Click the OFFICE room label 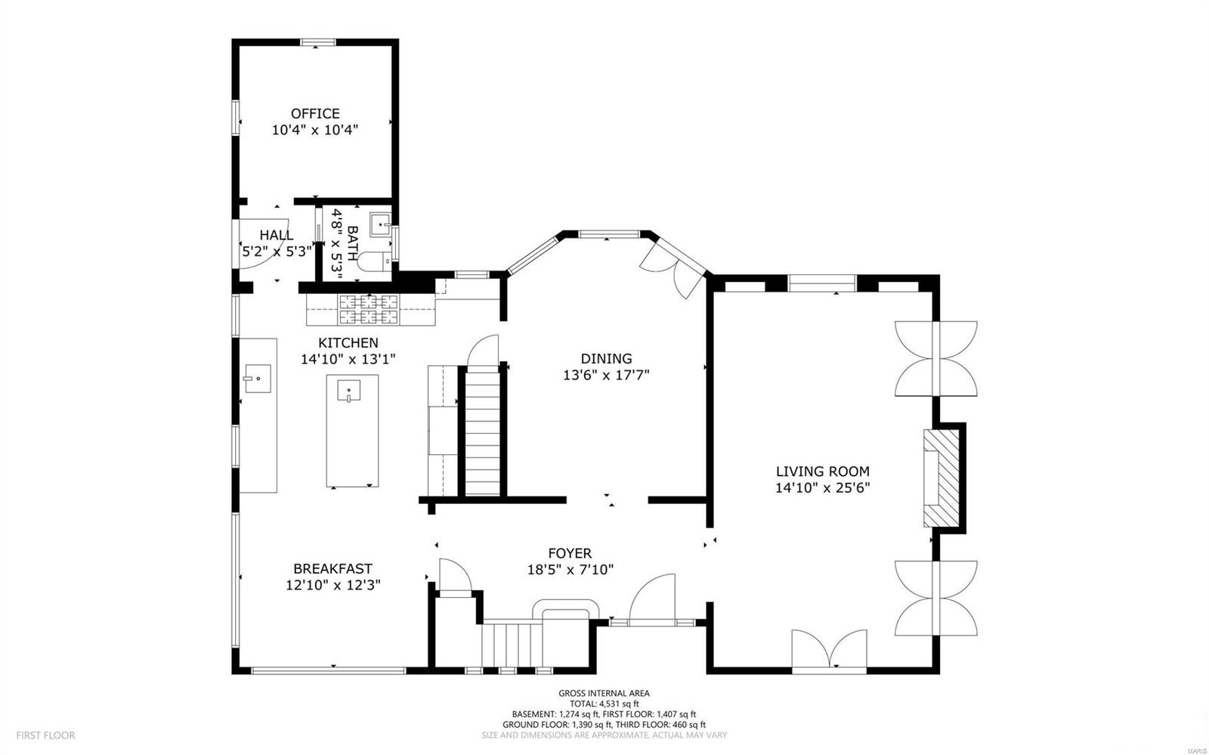click(x=315, y=114)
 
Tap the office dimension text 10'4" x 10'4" click(x=315, y=130)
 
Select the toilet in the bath click(x=373, y=262)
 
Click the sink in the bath click(x=379, y=224)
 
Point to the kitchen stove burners click(x=368, y=308)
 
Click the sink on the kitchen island click(x=348, y=393)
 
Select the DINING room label click(x=606, y=359)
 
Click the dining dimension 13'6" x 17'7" click(x=606, y=375)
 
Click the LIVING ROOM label click(x=822, y=472)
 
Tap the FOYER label click(x=570, y=554)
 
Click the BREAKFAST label click(x=332, y=569)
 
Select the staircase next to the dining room click(x=482, y=431)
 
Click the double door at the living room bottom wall click(x=829, y=651)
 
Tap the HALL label click(x=276, y=236)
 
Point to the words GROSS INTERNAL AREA click(x=604, y=693)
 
